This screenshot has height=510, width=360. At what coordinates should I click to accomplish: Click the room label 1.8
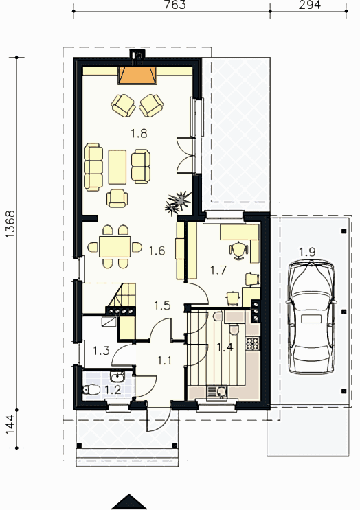(139, 133)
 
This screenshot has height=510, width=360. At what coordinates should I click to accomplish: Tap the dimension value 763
(175, 5)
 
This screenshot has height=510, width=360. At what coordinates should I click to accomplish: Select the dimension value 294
(309, 5)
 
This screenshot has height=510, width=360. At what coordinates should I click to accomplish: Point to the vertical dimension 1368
(10, 224)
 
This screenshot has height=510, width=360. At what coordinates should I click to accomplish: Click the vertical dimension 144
(10, 424)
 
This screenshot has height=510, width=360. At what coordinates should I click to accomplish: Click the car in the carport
(311, 317)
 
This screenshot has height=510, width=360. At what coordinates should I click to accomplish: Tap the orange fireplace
(137, 75)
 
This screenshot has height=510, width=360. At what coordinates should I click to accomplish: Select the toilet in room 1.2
(93, 390)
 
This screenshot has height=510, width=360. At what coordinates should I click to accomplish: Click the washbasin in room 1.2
(117, 378)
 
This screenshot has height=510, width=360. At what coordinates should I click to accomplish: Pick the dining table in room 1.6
(115, 247)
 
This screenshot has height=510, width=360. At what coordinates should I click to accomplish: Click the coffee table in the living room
(117, 167)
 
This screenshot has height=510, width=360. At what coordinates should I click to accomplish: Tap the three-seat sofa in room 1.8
(93, 167)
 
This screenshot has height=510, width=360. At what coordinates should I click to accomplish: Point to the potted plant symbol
(177, 202)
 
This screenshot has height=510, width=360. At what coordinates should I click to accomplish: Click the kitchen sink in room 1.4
(217, 392)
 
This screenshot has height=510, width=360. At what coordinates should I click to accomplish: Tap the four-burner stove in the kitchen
(253, 343)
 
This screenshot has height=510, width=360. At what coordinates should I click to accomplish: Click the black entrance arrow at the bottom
(129, 502)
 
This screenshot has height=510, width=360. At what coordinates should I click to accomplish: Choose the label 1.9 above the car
(307, 252)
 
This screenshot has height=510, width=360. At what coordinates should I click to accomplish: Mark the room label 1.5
(162, 305)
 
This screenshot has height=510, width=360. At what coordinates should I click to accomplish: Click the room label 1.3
(101, 351)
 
